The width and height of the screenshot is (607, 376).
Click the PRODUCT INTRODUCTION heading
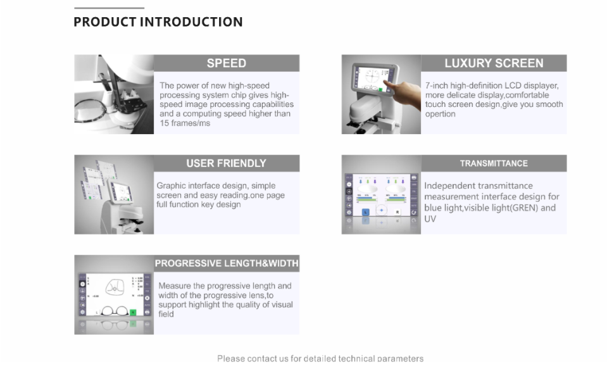pyautogui.click(x=158, y=22)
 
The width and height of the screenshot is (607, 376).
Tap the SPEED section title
pyautogui.click(x=227, y=63)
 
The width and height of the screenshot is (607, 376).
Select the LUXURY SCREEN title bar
pyautogui.click(x=494, y=63)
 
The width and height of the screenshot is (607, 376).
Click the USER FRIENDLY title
pyautogui.click(x=227, y=163)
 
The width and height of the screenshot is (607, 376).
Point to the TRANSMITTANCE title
pyautogui.click(x=494, y=163)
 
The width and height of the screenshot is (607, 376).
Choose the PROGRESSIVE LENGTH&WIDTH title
pyautogui.click(x=227, y=263)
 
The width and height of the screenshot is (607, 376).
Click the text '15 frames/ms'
pyautogui.click(x=185, y=123)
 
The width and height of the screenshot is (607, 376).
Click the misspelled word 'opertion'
pyautogui.click(x=440, y=114)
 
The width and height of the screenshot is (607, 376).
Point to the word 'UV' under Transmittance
pyautogui.click(x=430, y=219)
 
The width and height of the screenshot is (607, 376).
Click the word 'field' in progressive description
pyautogui.click(x=166, y=314)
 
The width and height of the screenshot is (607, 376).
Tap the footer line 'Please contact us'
pyautogui.click(x=320, y=358)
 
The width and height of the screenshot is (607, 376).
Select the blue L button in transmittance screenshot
pyautogui.click(x=365, y=212)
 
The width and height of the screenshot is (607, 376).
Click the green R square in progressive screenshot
pyautogui.click(x=133, y=312)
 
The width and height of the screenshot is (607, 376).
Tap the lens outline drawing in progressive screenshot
pyautogui.click(x=115, y=287)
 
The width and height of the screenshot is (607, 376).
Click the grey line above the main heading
pyautogui.click(x=109, y=8)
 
